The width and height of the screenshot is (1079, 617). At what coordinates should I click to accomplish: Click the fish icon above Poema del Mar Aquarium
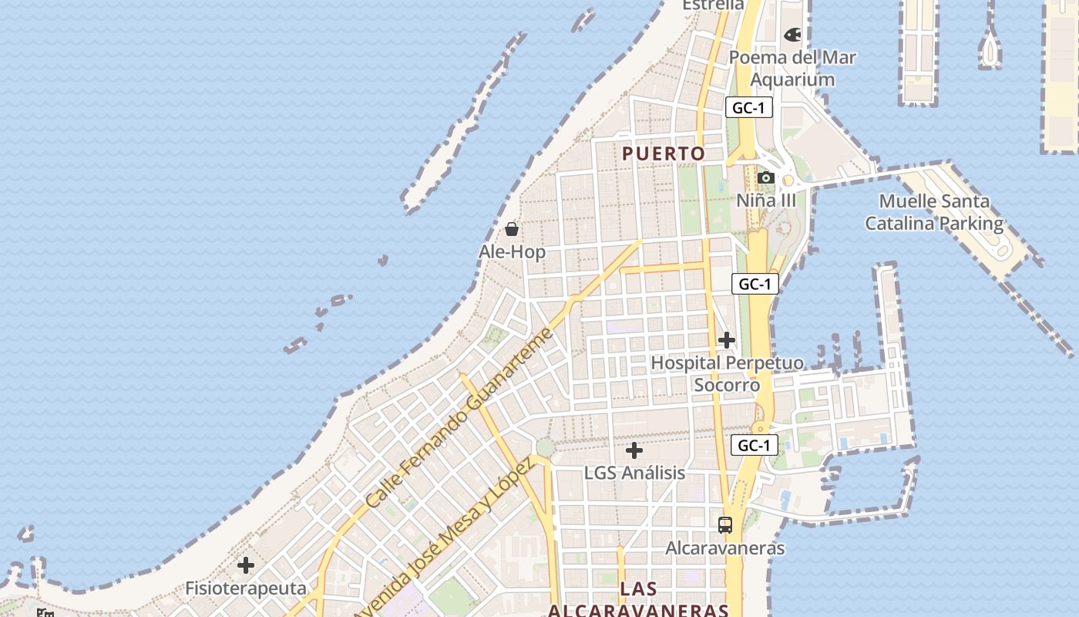click(792, 35)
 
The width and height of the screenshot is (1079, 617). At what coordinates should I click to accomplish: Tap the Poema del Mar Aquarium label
click(792, 69)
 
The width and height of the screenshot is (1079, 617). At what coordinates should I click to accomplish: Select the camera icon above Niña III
click(765, 178)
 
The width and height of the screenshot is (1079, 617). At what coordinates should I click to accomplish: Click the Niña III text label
click(765, 201)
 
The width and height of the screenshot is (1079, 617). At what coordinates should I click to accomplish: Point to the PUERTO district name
click(664, 153)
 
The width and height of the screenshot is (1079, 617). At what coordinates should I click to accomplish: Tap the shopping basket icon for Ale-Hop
click(512, 229)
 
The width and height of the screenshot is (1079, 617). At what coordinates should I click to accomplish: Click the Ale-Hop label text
click(512, 252)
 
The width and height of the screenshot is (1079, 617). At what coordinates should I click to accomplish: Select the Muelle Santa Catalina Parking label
click(934, 213)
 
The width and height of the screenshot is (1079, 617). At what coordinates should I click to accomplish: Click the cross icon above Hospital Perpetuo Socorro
click(726, 340)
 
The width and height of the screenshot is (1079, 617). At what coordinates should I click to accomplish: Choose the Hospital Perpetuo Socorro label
click(727, 374)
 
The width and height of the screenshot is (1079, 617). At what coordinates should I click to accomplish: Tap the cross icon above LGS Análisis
click(634, 450)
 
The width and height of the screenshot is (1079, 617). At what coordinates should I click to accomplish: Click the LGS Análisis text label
click(634, 473)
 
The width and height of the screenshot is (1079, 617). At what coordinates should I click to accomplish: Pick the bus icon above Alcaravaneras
click(725, 525)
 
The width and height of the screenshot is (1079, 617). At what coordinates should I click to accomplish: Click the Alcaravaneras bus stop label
click(725, 548)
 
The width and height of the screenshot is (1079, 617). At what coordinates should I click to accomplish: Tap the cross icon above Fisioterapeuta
click(246, 566)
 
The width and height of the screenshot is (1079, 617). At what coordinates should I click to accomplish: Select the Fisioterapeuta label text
click(246, 588)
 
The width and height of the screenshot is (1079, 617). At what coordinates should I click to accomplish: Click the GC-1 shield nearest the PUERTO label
click(748, 108)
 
